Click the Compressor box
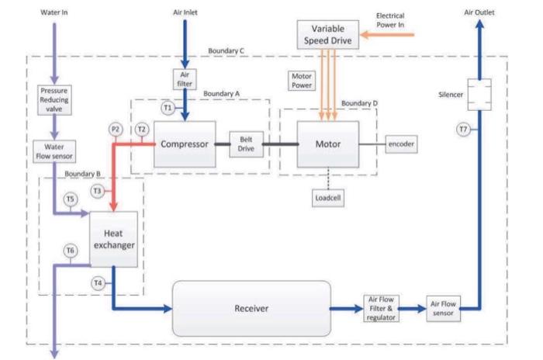184,144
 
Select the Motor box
327,144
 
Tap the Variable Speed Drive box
328,33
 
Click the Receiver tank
251,308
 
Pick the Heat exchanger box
114,238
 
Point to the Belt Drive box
246,144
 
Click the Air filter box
185,78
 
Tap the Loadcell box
327,197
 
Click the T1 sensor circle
167,109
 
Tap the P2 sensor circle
116,129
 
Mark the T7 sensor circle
463,129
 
